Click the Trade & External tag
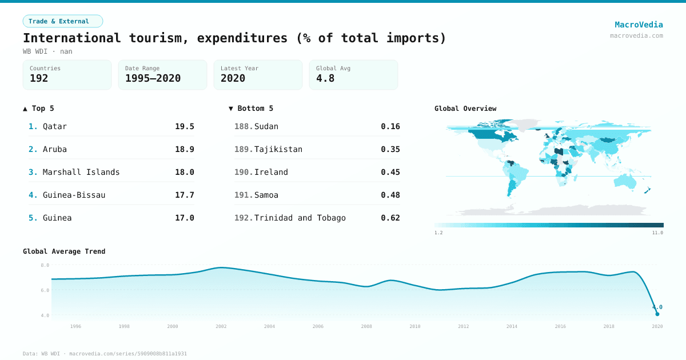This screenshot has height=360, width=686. coord(62,21)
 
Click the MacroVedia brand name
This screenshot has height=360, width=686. coord(639,25)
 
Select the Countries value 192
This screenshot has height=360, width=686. coord(39,78)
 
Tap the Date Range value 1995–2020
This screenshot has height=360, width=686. coord(153,78)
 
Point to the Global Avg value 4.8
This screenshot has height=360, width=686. coord(325,78)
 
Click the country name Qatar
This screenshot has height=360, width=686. coord(55,126)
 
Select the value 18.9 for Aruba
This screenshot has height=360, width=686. coord(184,149)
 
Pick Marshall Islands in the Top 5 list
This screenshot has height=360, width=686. coord(81,172)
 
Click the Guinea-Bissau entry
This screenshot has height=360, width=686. coord(74,195)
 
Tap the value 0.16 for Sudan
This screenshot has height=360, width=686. coord(390,126)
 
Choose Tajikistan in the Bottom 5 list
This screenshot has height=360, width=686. coord(278,149)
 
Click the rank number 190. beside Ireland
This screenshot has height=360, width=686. coord(244,172)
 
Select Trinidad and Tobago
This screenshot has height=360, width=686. coord(300,218)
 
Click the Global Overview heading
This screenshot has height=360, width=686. coord(465,109)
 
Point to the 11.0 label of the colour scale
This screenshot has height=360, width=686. coord(657,233)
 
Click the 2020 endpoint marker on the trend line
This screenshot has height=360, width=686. coord(657,314)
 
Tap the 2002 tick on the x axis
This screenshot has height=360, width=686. coord(221,326)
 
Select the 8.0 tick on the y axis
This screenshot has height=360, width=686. coord(45,265)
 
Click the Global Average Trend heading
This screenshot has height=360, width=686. coord(64,251)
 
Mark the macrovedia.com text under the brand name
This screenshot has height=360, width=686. coord(636,35)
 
